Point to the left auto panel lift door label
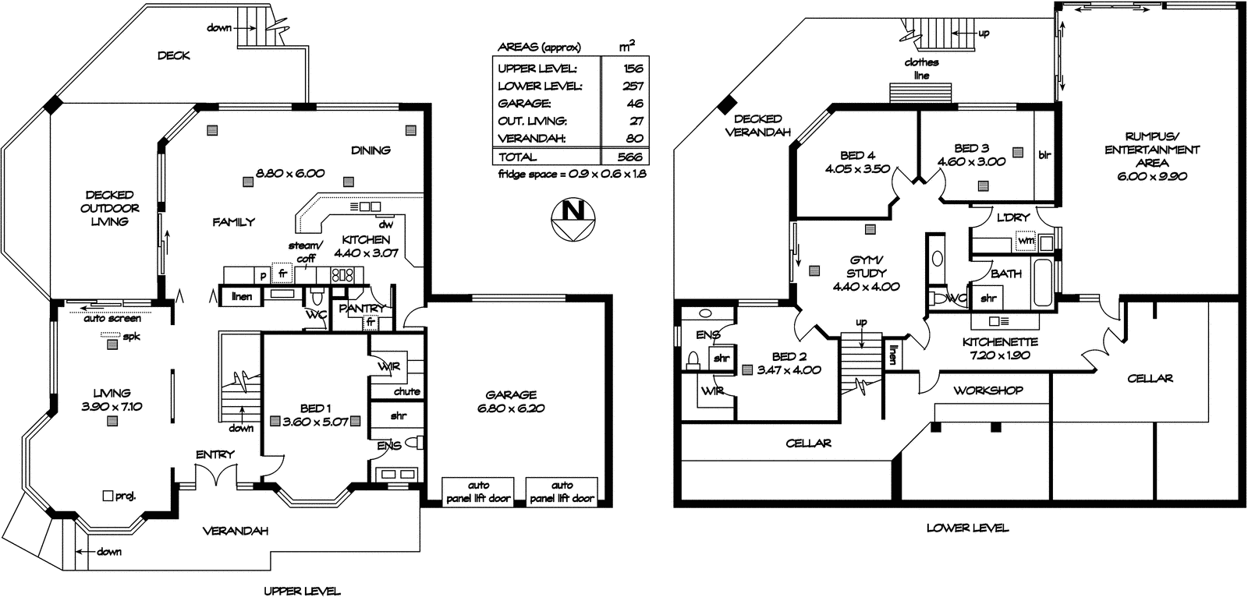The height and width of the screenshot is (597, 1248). [478, 492]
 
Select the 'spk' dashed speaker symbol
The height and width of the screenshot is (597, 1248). [111, 337]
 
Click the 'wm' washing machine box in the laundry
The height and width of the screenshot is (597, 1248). [1026, 241]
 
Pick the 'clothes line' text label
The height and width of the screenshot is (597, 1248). [921, 69]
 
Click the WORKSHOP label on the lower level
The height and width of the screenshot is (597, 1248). [987, 390]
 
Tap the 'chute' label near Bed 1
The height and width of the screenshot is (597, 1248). [406, 391]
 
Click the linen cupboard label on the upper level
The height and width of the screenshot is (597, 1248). [242, 297]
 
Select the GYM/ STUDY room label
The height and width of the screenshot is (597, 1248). [866, 273]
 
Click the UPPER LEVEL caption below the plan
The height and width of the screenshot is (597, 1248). [301, 591]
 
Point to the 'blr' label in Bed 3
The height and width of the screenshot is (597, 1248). [1045, 154]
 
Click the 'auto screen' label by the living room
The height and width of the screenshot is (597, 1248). [112, 319]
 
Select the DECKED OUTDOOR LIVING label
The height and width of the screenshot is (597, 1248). [110, 208]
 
